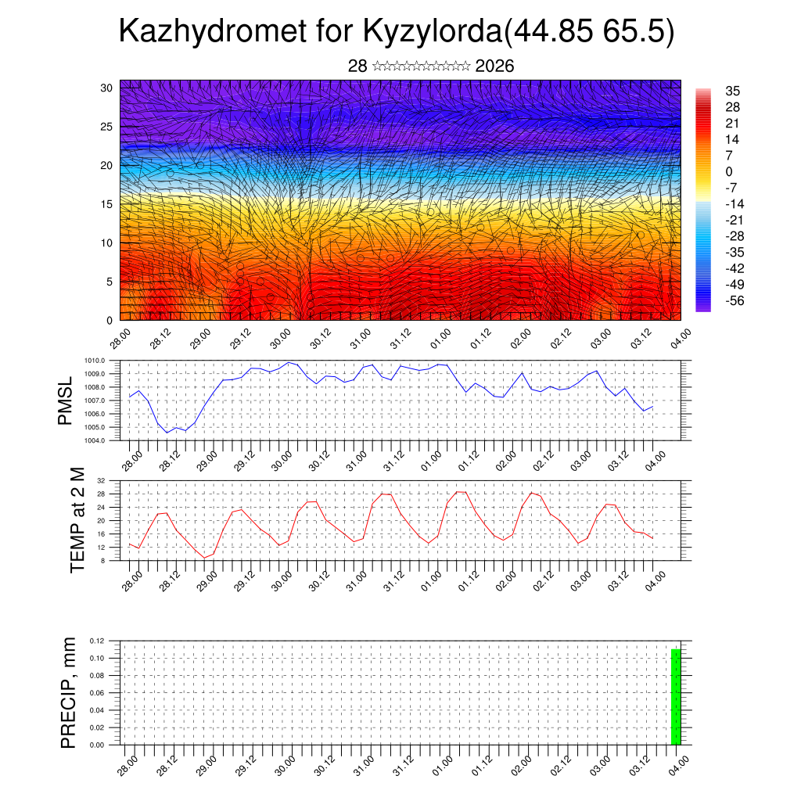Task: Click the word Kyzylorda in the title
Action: pos(431,32)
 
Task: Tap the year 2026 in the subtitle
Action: pos(494,66)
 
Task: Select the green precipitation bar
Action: pos(676,697)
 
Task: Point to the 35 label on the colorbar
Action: pos(732,91)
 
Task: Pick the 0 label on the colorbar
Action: pos(729,171)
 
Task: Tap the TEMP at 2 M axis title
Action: pos(77,520)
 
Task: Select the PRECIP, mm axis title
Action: pos(69,692)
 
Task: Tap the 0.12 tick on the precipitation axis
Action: pos(97,641)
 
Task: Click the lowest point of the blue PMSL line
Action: pos(167,433)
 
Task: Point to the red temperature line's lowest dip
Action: pos(205,557)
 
